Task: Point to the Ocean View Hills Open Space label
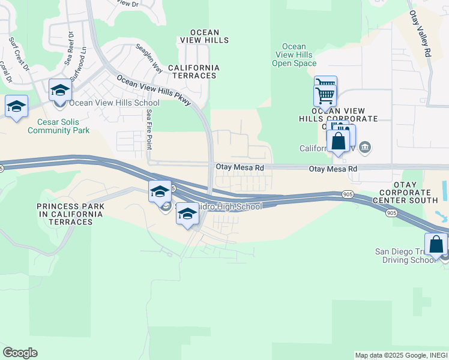point(294,55)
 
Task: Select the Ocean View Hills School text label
point(119,103)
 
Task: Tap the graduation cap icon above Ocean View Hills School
point(60,90)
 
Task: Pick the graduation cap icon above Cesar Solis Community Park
point(17,106)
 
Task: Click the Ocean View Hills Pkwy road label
point(154,90)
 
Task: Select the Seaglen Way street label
point(149,58)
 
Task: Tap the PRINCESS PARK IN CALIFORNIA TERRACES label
point(71,214)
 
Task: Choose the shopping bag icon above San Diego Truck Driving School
point(436,244)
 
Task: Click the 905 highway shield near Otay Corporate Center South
point(391,213)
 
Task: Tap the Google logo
point(20,353)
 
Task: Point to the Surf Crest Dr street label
point(19,55)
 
